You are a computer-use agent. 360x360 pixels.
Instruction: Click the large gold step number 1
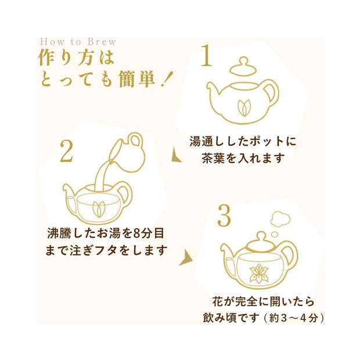click(207, 56)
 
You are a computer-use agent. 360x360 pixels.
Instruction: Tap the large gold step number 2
click(67, 151)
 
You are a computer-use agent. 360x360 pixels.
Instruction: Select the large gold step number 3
click(224, 215)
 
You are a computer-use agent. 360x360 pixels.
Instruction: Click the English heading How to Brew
click(78, 42)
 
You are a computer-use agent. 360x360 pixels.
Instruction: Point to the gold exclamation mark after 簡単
click(165, 80)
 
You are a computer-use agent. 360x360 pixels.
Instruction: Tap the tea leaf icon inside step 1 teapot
click(244, 107)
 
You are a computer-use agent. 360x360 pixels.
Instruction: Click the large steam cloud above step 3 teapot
click(280, 219)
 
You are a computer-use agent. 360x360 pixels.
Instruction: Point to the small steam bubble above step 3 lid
click(275, 235)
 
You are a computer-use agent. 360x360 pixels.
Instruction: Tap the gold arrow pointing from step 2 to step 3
click(186, 258)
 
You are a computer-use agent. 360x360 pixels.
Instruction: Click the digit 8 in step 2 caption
click(136, 233)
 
